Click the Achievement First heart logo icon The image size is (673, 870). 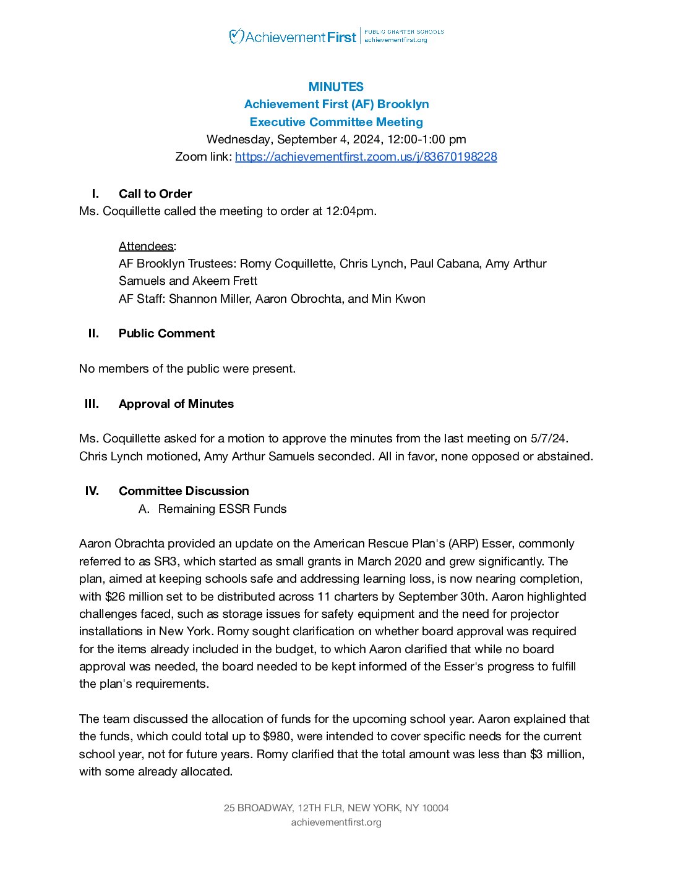tap(236, 36)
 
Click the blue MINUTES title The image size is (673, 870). tap(336, 87)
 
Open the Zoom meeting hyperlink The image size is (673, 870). tap(366, 156)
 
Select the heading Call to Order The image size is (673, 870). tap(155, 193)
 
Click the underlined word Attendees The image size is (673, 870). tap(146, 246)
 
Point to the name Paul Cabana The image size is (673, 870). tap(445, 263)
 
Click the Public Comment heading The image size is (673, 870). tap(166, 333)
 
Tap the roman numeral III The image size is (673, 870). tap(92, 403)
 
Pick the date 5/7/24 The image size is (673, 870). tap(548, 438)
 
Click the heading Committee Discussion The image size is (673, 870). tap(184, 491)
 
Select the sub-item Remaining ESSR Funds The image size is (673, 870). tap(222, 509)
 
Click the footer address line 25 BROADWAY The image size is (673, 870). tap(336, 808)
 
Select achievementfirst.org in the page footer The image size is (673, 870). tap(336, 822)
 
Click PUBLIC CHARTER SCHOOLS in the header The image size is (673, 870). tap(404, 32)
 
